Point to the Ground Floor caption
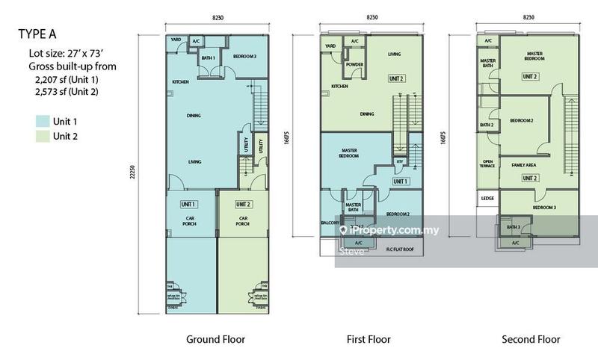(x=215, y=340)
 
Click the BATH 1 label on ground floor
(x=209, y=58)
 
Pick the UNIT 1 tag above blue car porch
(x=188, y=204)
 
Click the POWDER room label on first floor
(x=354, y=65)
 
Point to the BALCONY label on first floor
(x=330, y=223)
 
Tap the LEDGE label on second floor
(x=487, y=198)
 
